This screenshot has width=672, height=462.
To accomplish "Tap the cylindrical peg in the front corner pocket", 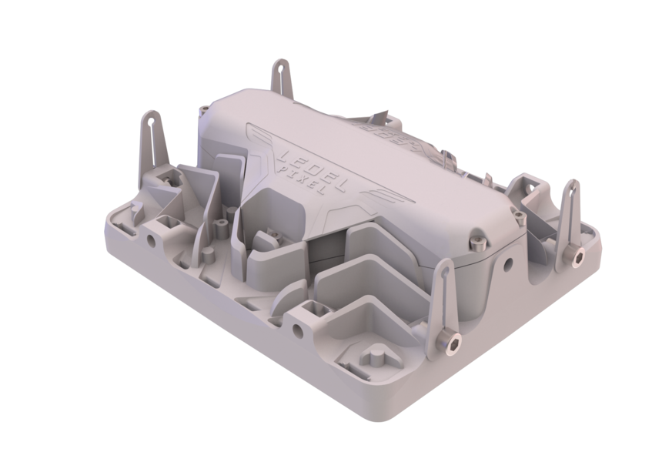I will coord(376,356).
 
